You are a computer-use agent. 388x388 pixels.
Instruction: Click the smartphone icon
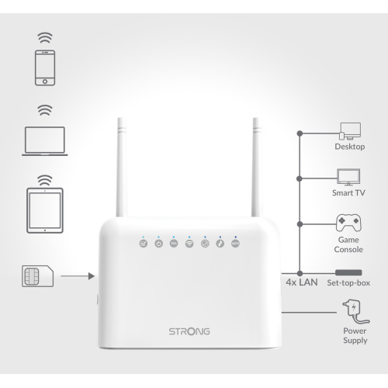(x=45, y=68)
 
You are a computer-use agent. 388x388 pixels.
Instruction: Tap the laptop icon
(x=45, y=141)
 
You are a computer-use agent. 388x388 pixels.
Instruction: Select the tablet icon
(x=45, y=210)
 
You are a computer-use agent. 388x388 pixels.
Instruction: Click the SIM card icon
(x=38, y=276)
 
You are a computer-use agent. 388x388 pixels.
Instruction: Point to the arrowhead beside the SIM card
(x=92, y=276)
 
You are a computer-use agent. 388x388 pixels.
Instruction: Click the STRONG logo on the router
(x=189, y=331)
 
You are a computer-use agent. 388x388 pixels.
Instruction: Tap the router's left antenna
(x=121, y=167)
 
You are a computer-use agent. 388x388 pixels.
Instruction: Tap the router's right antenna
(x=256, y=167)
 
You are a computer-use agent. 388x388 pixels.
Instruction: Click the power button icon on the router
(x=158, y=244)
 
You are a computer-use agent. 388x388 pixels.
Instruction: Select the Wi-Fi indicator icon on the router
(x=189, y=244)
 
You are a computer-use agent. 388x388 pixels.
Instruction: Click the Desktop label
(x=350, y=147)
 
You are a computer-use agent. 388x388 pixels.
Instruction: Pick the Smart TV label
(x=348, y=192)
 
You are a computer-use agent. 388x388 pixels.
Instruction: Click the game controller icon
(x=348, y=223)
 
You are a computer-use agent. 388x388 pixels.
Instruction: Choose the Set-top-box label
(x=348, y=282)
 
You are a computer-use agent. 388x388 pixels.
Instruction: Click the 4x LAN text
(x=302, y=282)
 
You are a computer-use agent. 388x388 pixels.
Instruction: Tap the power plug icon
(x=355, y=312)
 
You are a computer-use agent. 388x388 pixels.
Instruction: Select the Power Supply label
(x=355, y=336)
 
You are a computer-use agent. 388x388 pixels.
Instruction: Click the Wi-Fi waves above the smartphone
(x=45, y=38)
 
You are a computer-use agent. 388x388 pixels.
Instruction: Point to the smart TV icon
(x=348, y=177)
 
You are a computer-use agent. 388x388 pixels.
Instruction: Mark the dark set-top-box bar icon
(x=348, y=272)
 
